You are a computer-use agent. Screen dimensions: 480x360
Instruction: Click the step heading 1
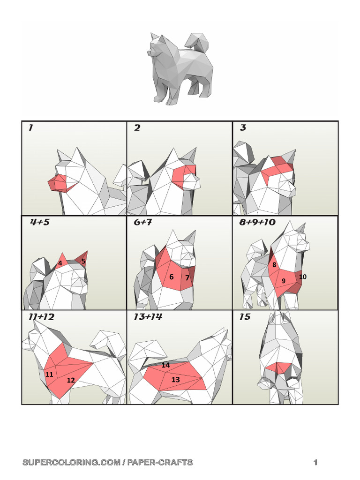point(30,127)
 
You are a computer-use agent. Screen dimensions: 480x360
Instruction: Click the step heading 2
point(137,127)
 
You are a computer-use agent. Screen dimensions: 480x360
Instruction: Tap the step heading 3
point(243,127)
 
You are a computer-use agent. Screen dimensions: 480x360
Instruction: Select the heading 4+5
point(40,222)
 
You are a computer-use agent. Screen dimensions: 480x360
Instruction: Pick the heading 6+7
point(142,222)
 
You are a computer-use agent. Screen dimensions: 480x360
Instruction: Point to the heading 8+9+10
point(257,222)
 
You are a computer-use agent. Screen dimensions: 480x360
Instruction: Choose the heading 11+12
point(41,317)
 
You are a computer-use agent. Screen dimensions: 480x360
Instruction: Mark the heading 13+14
point(148,317)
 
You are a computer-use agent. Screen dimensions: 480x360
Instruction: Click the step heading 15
point(245,317)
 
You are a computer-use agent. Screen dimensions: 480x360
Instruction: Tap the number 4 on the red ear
point(60,263)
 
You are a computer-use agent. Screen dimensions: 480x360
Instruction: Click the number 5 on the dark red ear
point(83,261)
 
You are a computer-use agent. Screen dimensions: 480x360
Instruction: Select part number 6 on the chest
point(172,277)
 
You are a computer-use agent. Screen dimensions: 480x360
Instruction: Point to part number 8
point(274,265)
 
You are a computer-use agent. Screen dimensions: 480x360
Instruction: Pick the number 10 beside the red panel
point(303,277)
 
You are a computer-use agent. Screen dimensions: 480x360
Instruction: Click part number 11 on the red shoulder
point(49,375)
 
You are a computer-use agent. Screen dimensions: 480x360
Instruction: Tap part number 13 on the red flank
point(175,380)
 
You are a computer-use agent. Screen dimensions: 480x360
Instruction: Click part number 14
point(166,365)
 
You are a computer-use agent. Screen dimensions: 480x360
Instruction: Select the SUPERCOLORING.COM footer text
point(108,463)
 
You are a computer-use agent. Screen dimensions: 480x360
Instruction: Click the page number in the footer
point(316,463)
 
